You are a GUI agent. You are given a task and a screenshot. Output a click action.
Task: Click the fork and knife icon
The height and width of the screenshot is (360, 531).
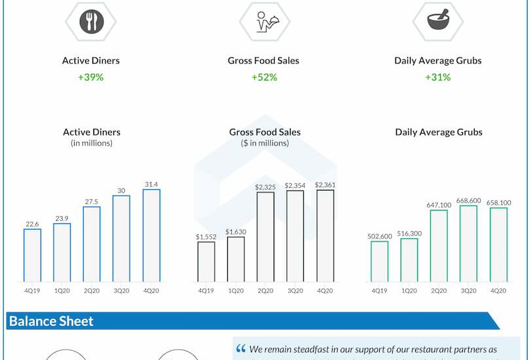tap(91, 21)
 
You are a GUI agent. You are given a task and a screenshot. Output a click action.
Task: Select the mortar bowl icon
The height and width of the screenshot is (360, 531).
tap(437, 21)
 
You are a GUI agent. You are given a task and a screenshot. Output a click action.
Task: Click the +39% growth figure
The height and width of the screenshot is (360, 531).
tap(91, 77)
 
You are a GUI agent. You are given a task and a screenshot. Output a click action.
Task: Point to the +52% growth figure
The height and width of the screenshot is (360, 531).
tap(264, 77)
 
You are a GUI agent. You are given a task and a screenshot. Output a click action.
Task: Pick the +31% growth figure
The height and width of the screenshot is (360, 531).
tap(438, 77)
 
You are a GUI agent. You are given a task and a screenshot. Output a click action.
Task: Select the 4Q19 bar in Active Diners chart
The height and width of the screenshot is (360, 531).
tap(32, 255)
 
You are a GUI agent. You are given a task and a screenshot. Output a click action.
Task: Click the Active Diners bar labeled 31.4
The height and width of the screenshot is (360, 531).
tap(151, 236)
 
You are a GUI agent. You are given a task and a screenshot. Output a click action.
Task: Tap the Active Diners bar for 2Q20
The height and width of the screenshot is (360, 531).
tap(92, 244)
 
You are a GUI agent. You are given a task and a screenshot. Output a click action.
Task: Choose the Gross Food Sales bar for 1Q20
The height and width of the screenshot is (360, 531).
tap(236, 259)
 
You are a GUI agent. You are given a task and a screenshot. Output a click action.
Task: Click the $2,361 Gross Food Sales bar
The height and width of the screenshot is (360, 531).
tap(325, 236)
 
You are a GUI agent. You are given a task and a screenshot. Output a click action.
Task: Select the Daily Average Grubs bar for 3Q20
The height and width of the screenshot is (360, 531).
tap(468, 243)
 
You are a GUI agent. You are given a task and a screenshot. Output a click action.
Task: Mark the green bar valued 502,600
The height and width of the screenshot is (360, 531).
tap(379, 261)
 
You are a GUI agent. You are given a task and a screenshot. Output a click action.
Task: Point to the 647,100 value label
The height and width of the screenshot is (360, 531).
tap(439, 204)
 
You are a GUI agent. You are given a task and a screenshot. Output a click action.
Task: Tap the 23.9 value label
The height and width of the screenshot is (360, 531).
tap(62, 218)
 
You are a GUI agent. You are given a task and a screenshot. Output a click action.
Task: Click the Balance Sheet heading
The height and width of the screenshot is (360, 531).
tap(51, 321)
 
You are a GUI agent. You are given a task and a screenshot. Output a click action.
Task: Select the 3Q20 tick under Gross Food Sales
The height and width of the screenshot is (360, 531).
tap(295, 290)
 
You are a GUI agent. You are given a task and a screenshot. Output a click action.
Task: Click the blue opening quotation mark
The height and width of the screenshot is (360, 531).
tap(241, 349)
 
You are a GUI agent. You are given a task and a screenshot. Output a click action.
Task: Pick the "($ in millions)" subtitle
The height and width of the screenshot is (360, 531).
tap(265, 143)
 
